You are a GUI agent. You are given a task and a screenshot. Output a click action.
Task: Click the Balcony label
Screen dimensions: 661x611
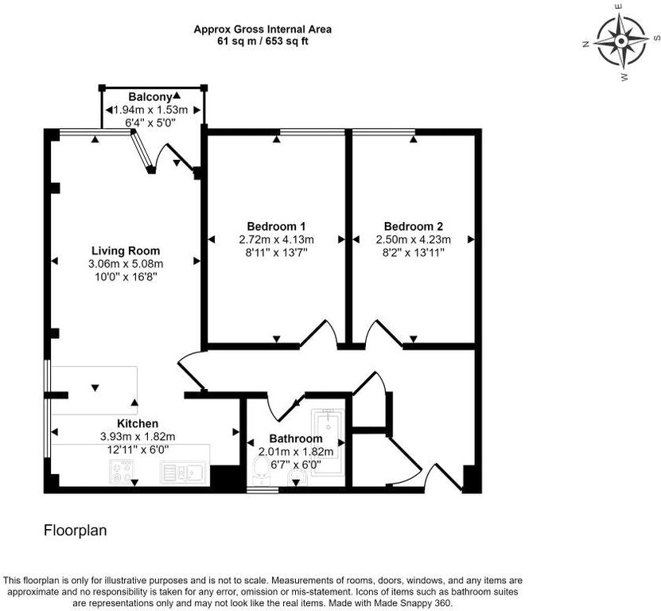(150, 97)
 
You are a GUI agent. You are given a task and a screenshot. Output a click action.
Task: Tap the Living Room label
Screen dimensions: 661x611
(126, 251)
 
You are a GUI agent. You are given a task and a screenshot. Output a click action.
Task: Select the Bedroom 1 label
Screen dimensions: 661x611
(276, 226)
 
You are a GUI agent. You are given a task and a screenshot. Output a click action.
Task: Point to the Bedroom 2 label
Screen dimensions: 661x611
(413, 226)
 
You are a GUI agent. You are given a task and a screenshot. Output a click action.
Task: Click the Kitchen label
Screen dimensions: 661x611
(138, 423)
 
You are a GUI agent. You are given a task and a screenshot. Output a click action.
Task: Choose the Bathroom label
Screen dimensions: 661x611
(296, 438)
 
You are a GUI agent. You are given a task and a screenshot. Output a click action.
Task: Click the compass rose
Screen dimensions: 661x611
(621, 41)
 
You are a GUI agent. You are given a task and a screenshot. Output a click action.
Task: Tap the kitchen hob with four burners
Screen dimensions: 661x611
(122, 472)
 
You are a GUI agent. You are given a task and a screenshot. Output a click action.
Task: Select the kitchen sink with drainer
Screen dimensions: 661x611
(182, 473)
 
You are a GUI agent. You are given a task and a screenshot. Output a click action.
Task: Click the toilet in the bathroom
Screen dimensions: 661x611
(260, 473)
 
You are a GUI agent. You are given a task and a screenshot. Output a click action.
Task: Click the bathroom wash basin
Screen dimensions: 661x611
(297, 478)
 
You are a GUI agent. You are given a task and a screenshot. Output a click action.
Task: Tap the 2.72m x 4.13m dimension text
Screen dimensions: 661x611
(276, 239)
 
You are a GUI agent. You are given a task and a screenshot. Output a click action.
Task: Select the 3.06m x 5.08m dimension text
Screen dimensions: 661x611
(126, 264)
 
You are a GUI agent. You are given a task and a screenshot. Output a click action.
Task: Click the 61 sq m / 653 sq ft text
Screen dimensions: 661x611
(262, 41)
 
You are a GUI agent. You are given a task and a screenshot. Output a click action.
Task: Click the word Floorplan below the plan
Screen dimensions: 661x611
(76, 531)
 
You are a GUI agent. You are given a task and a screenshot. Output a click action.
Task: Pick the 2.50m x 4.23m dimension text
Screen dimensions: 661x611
(413, 239)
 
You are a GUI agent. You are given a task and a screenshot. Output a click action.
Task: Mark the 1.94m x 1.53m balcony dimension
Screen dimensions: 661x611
(150, 110)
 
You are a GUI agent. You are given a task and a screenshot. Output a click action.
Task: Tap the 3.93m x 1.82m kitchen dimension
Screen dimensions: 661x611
(138, 437)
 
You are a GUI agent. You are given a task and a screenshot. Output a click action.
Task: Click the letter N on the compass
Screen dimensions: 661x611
(586, 45)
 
